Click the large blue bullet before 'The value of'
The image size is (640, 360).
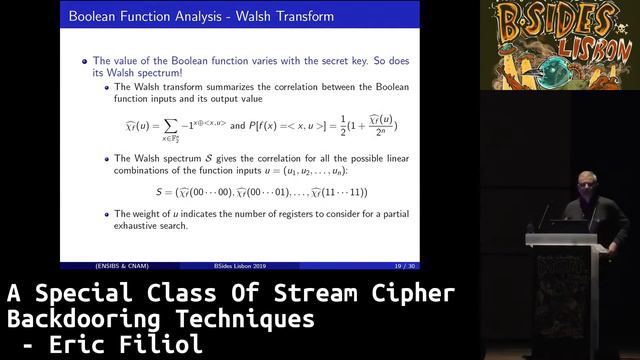84,60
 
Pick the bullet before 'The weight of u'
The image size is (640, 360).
107,213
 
